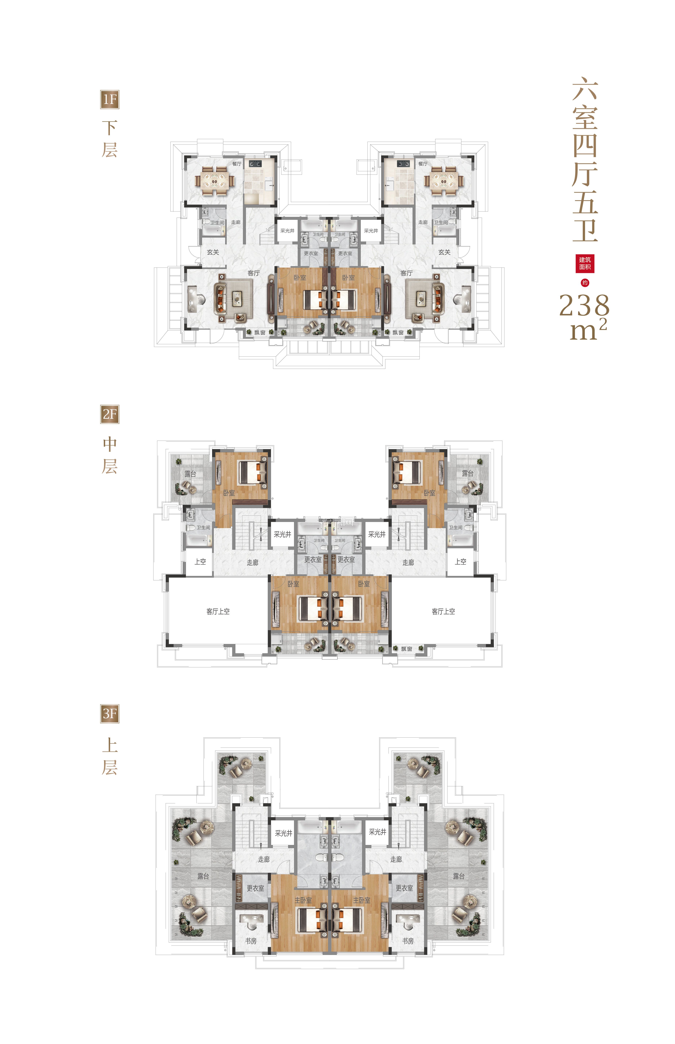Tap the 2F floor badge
point(109,414)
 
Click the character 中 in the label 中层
point(109,444)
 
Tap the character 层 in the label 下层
point(109,150)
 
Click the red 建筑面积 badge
point(585,263)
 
